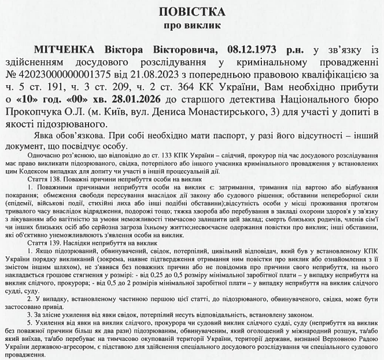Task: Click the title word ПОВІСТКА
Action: click(x=193, y=11)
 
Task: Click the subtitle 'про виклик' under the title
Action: click(x=193, y=27)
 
